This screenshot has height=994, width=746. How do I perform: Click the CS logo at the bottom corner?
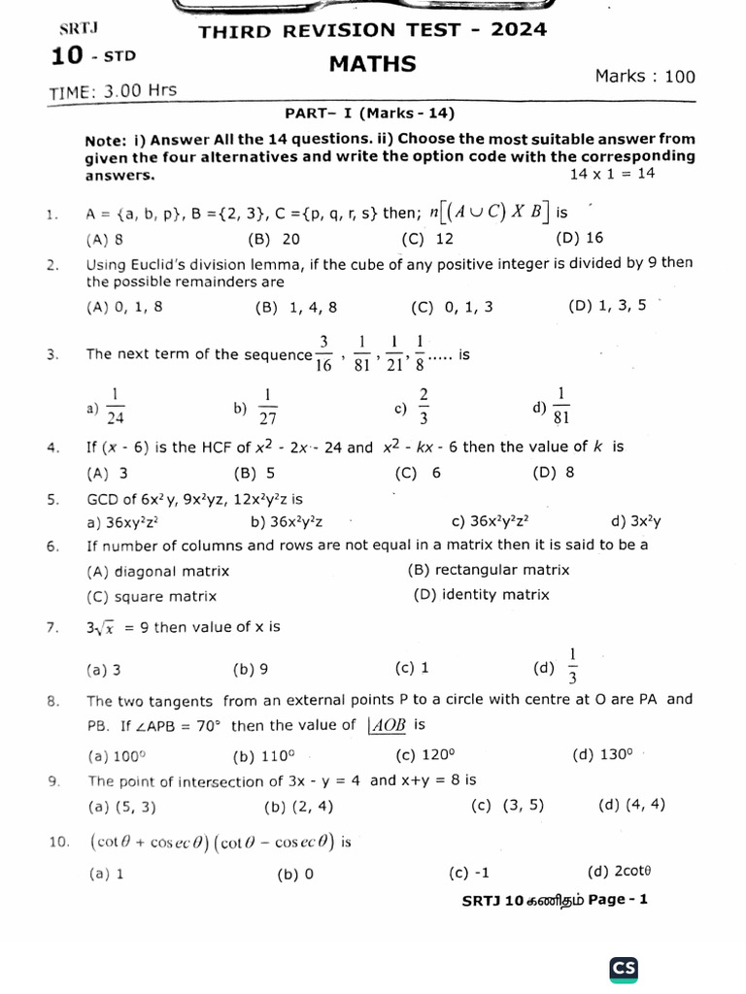tap(624, 969)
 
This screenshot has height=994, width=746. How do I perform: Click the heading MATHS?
tap(373, 65)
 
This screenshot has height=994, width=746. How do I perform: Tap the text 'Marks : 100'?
tap(645, 77)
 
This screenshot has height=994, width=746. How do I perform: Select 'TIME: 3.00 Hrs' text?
tap(113, 91)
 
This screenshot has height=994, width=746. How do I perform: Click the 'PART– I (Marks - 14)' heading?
tap(370, 114)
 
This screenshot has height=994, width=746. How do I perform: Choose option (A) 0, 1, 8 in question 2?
tap(124, 308)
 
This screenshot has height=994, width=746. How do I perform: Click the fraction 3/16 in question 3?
tap(324, 354)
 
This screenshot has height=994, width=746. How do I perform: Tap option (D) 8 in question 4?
tap(554, 473)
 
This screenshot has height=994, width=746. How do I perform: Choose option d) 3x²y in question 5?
tap(636, 521)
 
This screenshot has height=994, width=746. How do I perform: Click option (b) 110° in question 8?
tap(263, 755)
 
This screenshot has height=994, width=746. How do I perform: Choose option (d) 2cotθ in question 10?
tap(619, 873)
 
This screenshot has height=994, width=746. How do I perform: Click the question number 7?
tap(52, 627)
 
